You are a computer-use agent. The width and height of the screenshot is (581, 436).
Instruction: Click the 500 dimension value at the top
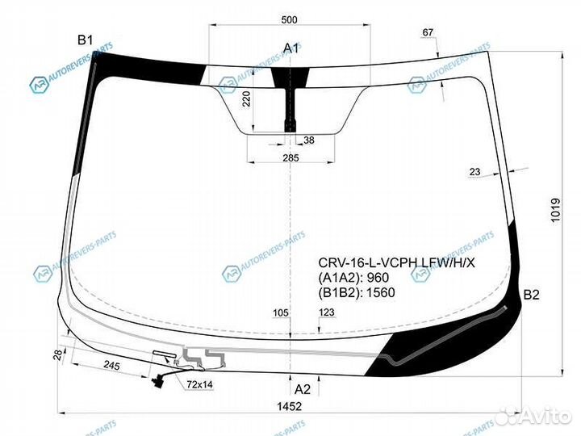[x=290, y=19]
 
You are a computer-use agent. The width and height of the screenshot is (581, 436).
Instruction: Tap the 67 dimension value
[x=428, y=32]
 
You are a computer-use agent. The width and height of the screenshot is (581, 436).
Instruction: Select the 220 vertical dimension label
[x=247, y=99]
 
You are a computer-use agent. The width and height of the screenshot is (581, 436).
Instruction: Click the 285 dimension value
[x=290, y=158]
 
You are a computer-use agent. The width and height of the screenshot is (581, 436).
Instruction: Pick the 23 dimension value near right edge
[x=474, y=171]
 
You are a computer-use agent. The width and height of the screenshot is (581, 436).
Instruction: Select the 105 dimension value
[x=281, y=312]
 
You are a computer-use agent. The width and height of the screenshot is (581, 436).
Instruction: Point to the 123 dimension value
[x=327, y=312]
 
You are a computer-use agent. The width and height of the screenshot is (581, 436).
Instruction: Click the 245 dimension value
[x=111, y=367]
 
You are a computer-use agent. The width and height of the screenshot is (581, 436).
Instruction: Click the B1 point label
[x=86, y=40]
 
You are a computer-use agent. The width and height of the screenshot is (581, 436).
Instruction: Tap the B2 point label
[x=531, y=296]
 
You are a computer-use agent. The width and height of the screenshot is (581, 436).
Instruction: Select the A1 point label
[x=290, y=49]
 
